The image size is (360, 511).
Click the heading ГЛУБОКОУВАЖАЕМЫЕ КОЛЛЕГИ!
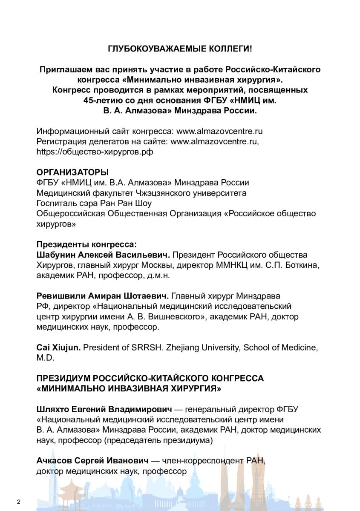[x=180, y=49]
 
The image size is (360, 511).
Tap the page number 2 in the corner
[x=19, y=501]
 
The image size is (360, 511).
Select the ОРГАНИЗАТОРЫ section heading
[x=72, y=172]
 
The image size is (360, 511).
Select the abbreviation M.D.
[x=45, y=358]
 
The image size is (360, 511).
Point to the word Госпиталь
[x=57, y=203]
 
